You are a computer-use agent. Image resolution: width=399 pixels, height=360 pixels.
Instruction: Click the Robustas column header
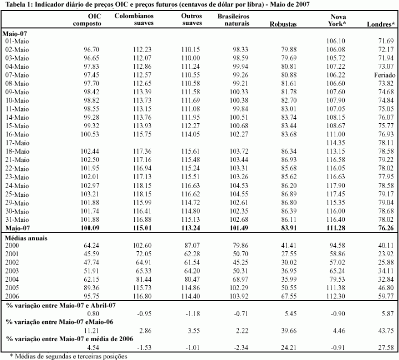pos(282,24)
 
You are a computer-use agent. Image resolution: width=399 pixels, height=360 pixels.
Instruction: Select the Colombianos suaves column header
pos(134,21)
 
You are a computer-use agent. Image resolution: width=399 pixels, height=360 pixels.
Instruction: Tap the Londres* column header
pos(381,24)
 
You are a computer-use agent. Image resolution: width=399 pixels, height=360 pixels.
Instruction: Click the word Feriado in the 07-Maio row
pos(383,75)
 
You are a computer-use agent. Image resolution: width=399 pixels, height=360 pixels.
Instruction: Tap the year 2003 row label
pos(12,270)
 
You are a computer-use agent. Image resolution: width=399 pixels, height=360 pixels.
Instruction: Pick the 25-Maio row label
pos(17,194)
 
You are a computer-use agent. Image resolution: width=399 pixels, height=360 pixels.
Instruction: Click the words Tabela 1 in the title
pos(17,4)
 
